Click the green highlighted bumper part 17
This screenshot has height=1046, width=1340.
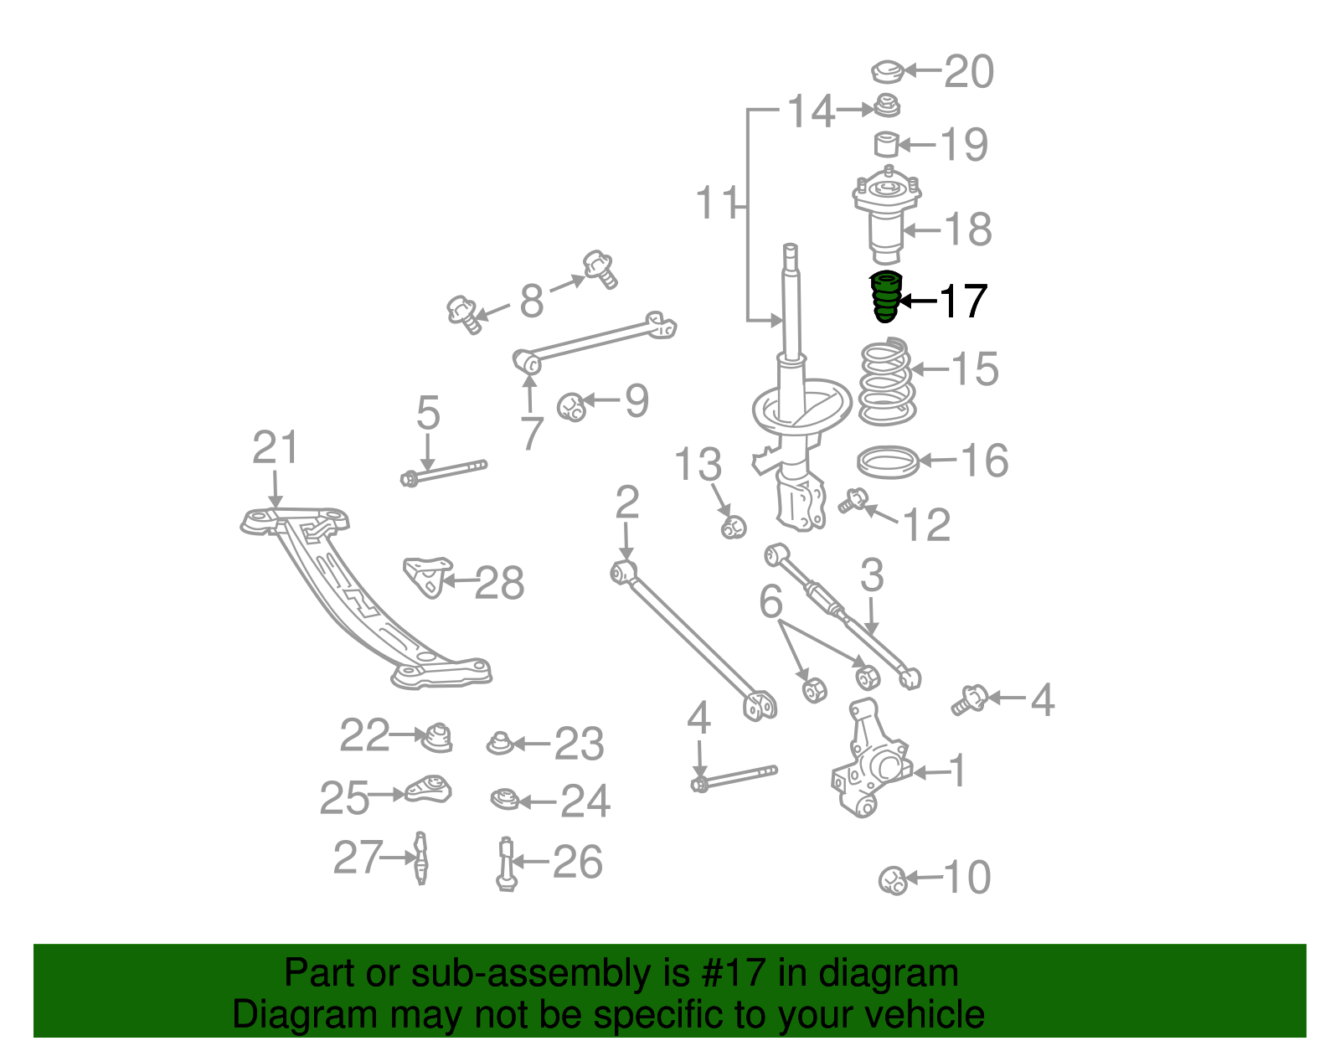(x=884, y=297)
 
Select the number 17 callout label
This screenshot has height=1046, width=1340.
(x=963, y=301)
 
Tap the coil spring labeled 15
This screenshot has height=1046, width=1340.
(x=886, y=382)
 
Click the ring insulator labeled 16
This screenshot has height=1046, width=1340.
(x=888, y=462)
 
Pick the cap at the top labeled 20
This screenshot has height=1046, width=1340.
(x=887, y=72)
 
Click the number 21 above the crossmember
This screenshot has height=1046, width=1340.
(x=275, y=448)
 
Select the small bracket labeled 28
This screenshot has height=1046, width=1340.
(x=426, y=576)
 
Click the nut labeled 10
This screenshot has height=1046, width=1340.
(x=893, y=880)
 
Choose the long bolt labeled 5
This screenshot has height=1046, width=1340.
(x=444, y=473)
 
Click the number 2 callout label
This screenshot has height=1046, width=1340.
(x=626, y=502)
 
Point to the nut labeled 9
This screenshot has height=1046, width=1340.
(x=572, y=407)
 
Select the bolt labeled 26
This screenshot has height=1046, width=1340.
(x=505, y=863)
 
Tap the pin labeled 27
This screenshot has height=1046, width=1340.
(x=421, y=858)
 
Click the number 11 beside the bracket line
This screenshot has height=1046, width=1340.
(x=717, y=203)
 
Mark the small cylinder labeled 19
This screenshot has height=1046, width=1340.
(x=886, y=144)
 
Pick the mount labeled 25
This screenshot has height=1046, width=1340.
(x=430, y=790)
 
